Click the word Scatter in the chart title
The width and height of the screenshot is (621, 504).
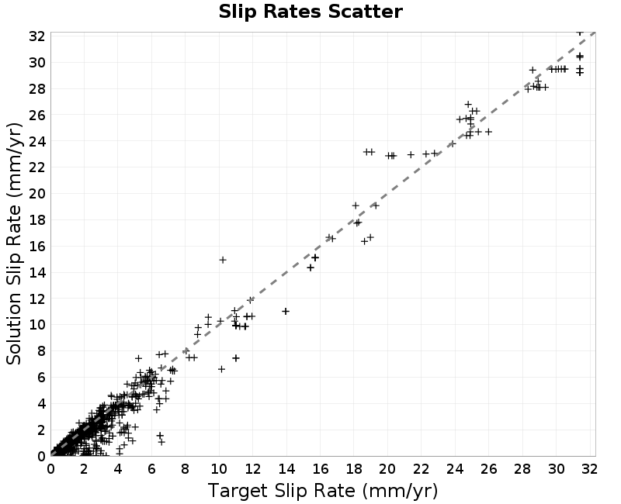pyautogui.click(x=365, y=12)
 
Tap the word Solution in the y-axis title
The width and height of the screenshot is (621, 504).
pyautogui.click(x=14, y=329)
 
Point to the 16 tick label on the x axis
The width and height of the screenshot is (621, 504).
pyautogui.click(x=321, y=469)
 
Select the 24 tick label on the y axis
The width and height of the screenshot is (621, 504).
pyautogui.click(x=36, y=141)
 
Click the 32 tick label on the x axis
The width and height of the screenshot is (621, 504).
pyautogui.click(x=590, y=469)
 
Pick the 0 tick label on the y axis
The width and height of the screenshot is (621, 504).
pyautogui.click(x=41, y=456)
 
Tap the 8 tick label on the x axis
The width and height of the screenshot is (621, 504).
pyautogui.click(x=186, y=469)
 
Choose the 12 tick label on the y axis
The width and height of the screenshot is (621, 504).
pyautogui.click(x=36, y=299)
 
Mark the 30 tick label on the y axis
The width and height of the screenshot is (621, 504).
pyautogui.click(x=36, y=62)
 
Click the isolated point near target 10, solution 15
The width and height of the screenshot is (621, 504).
pyautogui.click(x=223, y=260)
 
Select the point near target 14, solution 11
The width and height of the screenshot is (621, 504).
pyautogui.click(x=286, y=312)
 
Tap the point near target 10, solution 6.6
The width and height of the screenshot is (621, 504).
pyautogui.click(x=221, y=369)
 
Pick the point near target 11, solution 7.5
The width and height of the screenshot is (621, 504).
pyautogui.click(x=236, y=358)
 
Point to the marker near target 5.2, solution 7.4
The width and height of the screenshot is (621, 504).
pyautogui.click(x=138, y=358)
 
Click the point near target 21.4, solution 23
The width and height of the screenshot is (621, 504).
pyautogui.click(x=411, y=154)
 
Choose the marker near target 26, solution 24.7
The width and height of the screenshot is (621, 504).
pyautogui.click(x=488, y=132)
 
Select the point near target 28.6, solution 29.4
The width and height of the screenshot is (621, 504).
pyautogui.click(x=533, y=70)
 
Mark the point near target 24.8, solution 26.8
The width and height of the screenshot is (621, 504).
pyautogui.click(x=468, y=105)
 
